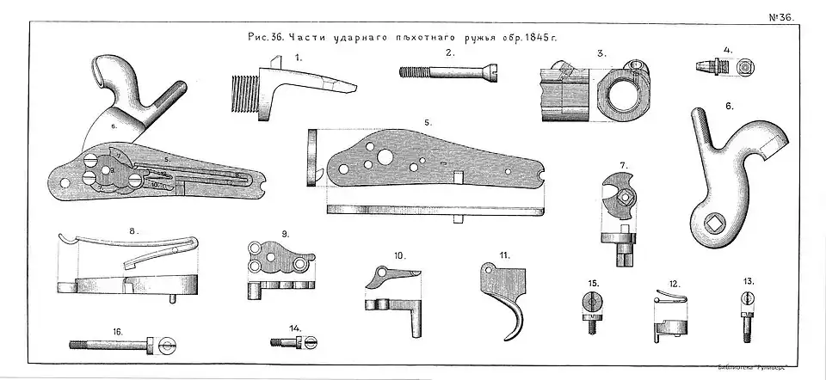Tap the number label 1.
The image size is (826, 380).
299,57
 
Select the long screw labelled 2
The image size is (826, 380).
447,74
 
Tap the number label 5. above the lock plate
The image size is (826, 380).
428,122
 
